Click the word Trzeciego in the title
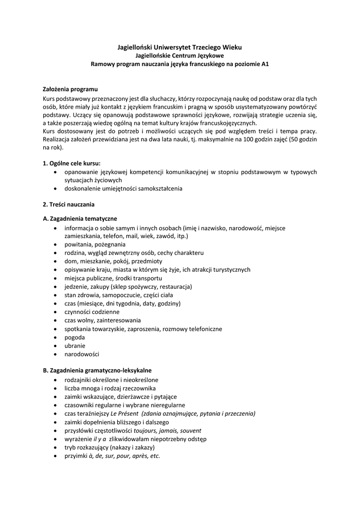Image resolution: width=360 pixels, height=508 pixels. coord(198,47)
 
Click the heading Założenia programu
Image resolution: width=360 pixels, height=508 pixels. coord(70,89)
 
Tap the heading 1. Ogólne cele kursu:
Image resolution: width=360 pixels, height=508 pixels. coord(72,163)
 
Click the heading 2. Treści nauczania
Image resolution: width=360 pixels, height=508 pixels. coord(69,204)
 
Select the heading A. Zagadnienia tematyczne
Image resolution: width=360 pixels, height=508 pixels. coord(80,219)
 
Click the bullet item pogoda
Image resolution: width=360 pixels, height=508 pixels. coord(74,337)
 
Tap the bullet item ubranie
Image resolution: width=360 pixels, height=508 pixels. coord(75,346)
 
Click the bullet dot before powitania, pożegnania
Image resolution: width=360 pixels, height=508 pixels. coord(55,245)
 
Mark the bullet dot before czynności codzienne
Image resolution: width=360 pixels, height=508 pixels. coord(55,312)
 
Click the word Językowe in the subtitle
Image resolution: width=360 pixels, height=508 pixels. coord(209,56)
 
